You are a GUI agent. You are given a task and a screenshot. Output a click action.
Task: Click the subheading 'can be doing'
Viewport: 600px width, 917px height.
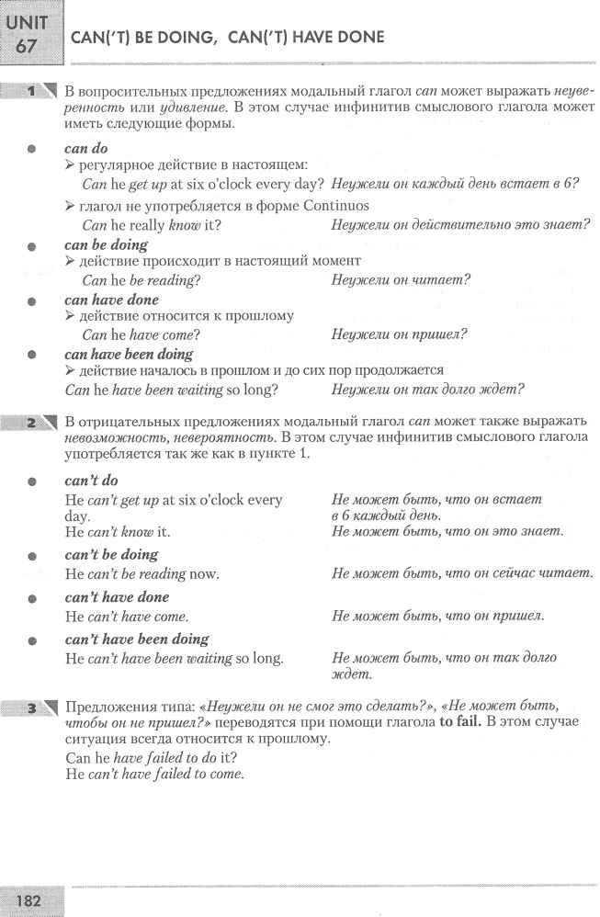pos(106,244)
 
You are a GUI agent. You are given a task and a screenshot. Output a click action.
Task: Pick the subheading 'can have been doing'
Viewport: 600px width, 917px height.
pos(129,354)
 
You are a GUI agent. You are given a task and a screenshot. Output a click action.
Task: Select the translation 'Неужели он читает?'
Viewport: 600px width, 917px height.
pos(401,280)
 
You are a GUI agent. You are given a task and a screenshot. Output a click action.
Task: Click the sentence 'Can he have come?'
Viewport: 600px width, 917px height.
pos(141,334)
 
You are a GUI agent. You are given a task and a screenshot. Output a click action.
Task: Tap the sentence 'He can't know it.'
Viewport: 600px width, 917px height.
pos(118,531)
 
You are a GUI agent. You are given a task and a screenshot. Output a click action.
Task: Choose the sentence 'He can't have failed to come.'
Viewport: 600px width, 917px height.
pos(154,774)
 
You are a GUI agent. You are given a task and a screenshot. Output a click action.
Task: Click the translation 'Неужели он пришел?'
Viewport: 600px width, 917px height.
pos(400,334)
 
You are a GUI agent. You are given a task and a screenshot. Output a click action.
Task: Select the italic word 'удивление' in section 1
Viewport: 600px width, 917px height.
pos(148,108)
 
